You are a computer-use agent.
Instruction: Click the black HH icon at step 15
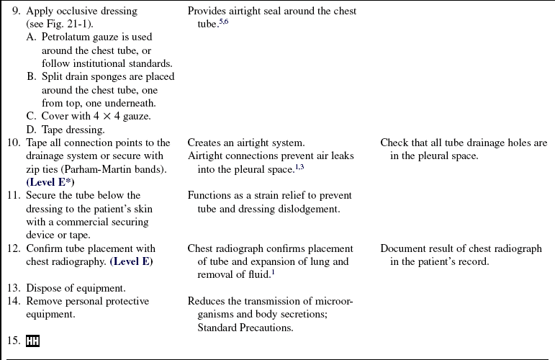pyautogui.click(x=32, y=341)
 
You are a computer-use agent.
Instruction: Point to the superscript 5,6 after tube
pyautogui.click(x=224, y=22)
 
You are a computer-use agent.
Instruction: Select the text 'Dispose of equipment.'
pyautogui.click(x=76, y=288)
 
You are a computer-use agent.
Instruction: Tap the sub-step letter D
pyautogui.click(x=32, y=130)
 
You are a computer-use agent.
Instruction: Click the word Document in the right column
pyautogui.click(x=404, y=249)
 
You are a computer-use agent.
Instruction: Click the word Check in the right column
pyautogui.click(x=395, y=143)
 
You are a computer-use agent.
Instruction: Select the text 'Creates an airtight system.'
pyautogui.click(x=245, y=143)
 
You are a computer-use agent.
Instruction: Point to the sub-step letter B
pyautogui.click(x=32, y=77)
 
